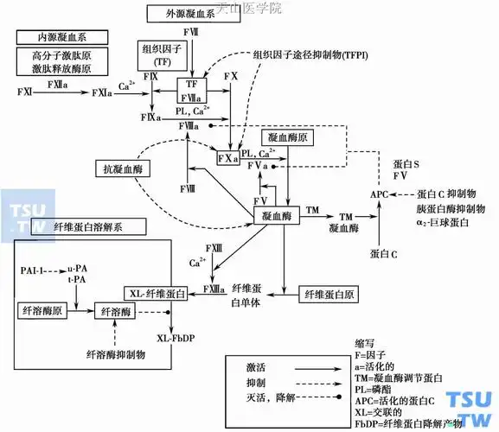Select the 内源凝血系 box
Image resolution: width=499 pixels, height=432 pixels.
point(54,39)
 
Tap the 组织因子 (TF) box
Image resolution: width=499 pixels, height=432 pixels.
point(156,55)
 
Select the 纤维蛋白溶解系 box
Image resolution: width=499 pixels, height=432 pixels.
point(86,227)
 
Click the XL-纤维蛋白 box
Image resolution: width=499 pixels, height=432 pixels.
point(156,292)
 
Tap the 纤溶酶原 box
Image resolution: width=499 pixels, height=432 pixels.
point(41,308)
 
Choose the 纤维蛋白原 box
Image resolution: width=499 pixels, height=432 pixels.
point(327,295)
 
